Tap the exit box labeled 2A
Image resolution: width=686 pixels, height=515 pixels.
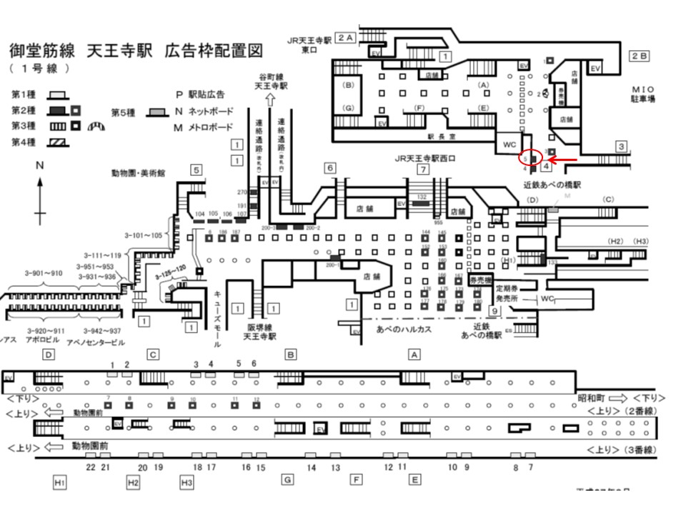(346, 37)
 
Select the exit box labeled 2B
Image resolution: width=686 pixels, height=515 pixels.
(638, 55)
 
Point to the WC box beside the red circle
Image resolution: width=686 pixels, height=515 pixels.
(509, 144)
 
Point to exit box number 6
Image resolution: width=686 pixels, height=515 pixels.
(329, 168)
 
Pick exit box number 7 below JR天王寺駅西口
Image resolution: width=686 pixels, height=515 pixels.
(423, 170)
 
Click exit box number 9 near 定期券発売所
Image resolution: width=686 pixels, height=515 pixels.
(493, 310)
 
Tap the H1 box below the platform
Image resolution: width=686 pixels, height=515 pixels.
(60, 483)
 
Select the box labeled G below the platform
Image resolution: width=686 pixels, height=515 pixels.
(287, 479)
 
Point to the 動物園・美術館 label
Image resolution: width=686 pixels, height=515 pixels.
(139, 172)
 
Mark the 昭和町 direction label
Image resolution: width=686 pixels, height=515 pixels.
(592, 398)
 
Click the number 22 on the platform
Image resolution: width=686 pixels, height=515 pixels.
(91, 467)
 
